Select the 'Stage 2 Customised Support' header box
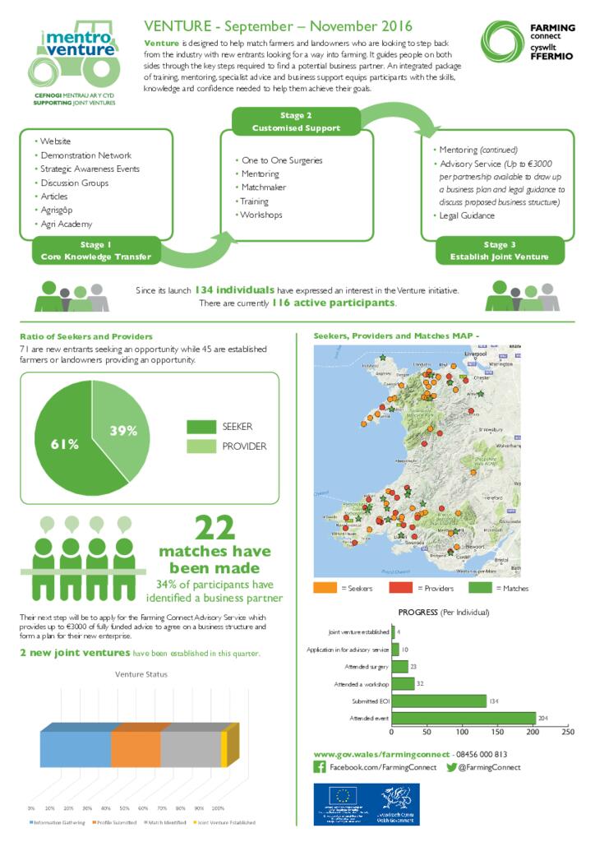click(x=296, y=122)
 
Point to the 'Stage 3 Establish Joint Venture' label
click(x=499, y=251)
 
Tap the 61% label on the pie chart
click(x=64, y=444)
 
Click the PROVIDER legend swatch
click(x=200, y=446)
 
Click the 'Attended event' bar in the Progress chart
click(x=464, y=719)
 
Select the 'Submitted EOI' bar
click(x=439, y=701)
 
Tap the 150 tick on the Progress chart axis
click(x=497, y=731)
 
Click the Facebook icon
click(x=320, y=767)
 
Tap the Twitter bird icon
click(x=451, y=767)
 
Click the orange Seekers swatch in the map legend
click(x=326, y=588)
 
